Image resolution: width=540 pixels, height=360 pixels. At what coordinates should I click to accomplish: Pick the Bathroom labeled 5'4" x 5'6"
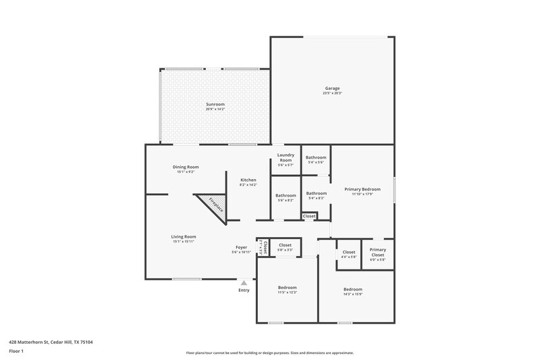[x=316, y=159]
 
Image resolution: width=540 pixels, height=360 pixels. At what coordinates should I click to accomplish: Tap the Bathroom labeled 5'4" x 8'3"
[x=316, y=195]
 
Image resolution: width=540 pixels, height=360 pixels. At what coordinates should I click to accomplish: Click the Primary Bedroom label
[x=362, y=191]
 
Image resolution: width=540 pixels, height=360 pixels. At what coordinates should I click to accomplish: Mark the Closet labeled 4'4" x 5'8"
[x=348, y=254]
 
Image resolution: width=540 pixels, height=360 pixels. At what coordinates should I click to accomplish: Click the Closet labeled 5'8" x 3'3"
[x=285, y=247]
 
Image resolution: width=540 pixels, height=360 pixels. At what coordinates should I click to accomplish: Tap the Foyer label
[x=241, y=249]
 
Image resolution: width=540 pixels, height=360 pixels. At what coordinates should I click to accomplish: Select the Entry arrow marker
[x=244, y=284]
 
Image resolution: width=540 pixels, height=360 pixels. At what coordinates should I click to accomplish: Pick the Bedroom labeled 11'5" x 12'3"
[x=287, y=290]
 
